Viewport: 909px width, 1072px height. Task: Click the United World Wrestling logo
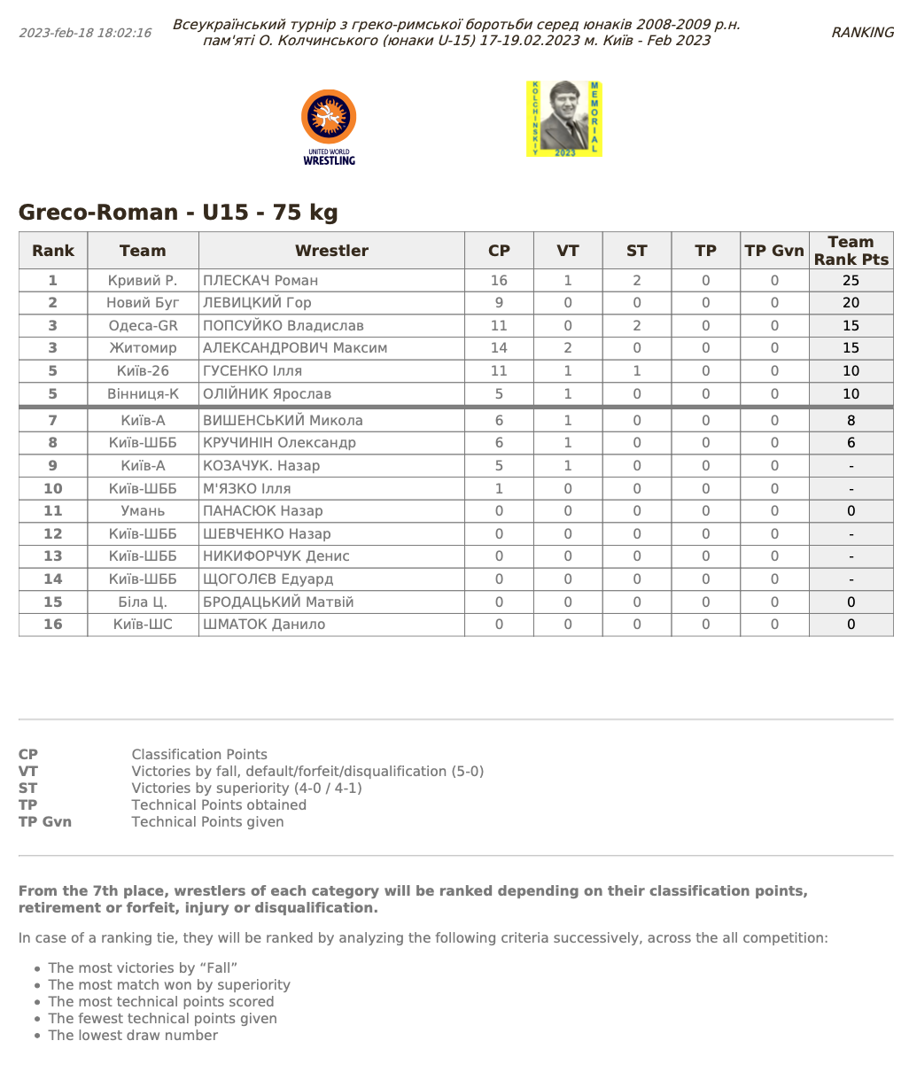coord(329,126)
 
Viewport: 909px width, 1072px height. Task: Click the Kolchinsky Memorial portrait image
coord(563,119)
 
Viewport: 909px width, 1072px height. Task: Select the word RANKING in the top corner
coord(862,33)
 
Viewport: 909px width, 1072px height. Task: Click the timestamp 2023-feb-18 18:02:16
coord(85,33)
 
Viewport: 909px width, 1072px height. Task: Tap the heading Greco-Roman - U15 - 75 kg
coord(178,213)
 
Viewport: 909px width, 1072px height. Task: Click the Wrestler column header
coord(331,251)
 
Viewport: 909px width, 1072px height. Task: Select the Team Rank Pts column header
coord(851,251)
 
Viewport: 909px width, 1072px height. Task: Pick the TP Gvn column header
coord(774,251)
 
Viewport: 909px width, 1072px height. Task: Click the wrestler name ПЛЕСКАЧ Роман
coord(260,281)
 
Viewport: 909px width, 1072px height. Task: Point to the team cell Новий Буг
coord(143,303)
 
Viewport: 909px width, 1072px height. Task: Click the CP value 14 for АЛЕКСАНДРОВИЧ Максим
coord(499,348)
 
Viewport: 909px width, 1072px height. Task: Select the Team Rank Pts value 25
coord(851,281)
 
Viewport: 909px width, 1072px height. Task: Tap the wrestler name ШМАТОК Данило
coord(264,625)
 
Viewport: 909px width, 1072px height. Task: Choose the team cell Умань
coord(143,511)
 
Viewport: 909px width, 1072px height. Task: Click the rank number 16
coord(53,625)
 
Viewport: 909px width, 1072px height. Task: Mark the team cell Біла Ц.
coord(143,602)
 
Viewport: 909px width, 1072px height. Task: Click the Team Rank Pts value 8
coord(851,421)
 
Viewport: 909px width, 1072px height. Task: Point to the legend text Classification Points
coord(199,755)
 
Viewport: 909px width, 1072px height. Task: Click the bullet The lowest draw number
coord(133,1036)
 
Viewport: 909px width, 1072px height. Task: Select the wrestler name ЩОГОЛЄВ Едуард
coord(268,579)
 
